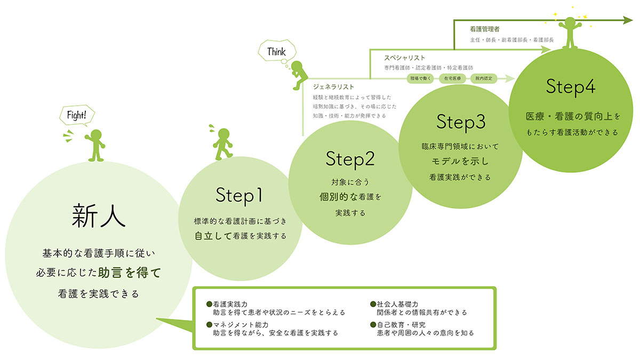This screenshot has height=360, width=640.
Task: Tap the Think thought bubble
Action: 277,52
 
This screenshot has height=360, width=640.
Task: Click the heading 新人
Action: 99,216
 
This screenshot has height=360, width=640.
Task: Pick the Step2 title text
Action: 350,158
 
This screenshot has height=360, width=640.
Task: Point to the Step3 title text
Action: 461,122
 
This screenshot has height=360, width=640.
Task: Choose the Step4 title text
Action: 570,86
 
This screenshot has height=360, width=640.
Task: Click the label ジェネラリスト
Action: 334,86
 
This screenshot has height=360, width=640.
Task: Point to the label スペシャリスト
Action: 405,58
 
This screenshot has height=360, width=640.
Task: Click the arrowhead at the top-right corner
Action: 627,21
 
